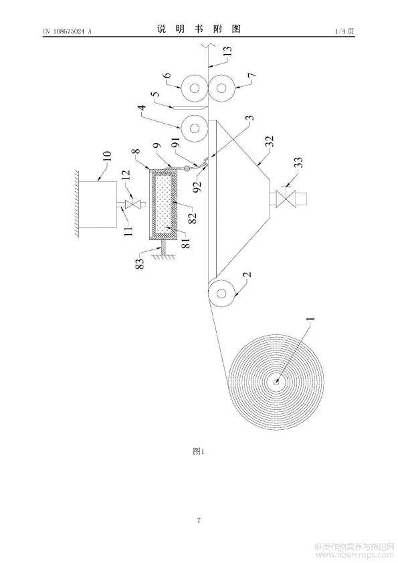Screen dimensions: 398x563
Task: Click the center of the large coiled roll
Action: [276, 382]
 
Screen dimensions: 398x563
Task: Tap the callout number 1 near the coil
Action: [310, 319]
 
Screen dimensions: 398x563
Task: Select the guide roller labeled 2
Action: [222, 294]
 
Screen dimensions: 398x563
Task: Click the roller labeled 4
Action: [195, 128]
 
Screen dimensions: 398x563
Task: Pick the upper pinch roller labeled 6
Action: [195, 88]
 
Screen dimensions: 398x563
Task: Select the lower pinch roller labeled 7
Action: [222, 88]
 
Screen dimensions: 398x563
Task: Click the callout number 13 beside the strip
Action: [227, 51]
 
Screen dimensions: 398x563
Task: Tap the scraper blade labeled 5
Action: [189, 108]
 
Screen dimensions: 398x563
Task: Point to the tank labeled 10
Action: [98, 205]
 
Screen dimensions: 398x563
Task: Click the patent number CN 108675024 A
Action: [67, 31]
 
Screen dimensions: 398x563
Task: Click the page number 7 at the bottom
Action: [199, 520]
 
